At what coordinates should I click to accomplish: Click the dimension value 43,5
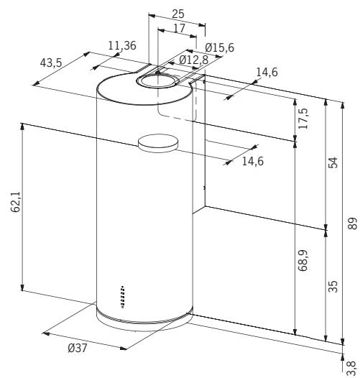(51, 63)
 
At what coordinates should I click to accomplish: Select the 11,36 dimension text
(122, 45)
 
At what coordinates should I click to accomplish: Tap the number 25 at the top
(178, 14)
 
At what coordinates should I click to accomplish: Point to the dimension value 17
(179, 29)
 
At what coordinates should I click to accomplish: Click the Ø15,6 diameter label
(219, 47)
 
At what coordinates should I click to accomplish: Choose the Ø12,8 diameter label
(193, 60)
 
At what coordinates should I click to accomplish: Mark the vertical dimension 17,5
(303, 119)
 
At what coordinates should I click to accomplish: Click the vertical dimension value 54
(333, 162)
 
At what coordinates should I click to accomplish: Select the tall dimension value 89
(353, 223)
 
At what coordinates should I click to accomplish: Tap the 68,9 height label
(303, 260)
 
